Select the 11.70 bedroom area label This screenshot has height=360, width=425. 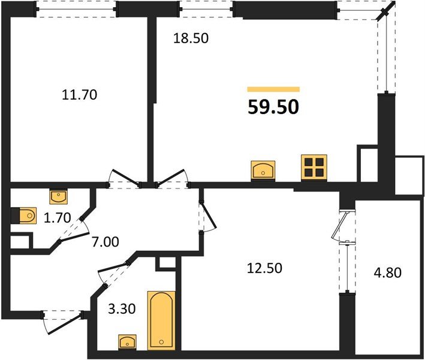pyautogui.click(x=79, y=94)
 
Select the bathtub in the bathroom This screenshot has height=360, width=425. pyautogui.click(x=161, y=320)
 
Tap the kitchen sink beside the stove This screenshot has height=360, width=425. pyautogui.click(x=263, y=170)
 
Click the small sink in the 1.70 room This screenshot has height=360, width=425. pyautogui.click(x=58, y=196)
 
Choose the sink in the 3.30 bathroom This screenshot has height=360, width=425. pyautogui.click(x=127, y=341)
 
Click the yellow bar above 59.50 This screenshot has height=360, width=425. pyautogui.click(x=273, y=89)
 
